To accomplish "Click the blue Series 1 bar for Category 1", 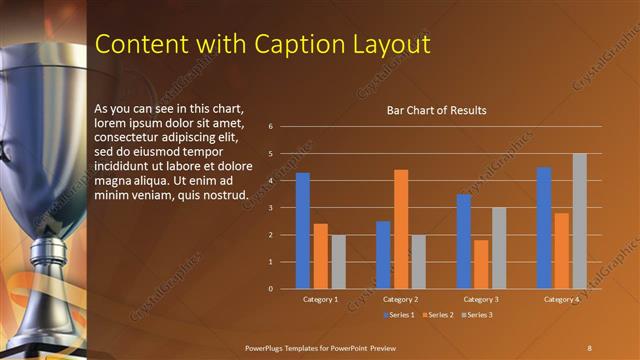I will tap(302, 231).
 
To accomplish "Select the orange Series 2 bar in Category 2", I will tap(400, 229).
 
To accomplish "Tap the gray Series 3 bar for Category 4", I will tap(579, 221).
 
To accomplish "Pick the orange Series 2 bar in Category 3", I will tap(481, 264).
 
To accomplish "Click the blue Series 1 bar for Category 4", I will tap(543, 228).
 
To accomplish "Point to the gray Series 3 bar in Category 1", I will tap(338, 262).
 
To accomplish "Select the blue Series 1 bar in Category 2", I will tap(383, 255).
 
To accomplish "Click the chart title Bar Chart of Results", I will tap(436, 110).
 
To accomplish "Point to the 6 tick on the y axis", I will tap(270, 127).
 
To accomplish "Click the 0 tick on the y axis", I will tap(270, 289).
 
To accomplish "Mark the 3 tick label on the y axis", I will tap(270, 208).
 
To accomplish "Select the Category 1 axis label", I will tap(320, 299).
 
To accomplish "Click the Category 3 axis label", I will tap(480, 299).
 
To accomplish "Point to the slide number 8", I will tap(589, 346).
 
